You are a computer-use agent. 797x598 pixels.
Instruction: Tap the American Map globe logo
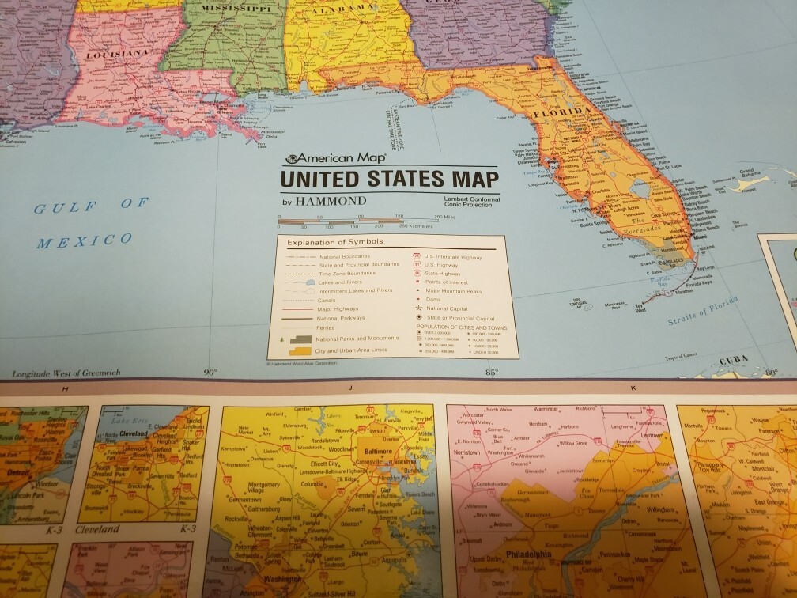(293, 158)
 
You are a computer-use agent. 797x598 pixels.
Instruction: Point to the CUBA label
(735, 361)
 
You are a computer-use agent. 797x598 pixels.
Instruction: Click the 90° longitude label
(210, 372)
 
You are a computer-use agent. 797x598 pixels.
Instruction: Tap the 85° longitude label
(491, 372)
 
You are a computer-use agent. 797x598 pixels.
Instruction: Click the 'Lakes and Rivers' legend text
(342, 279)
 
